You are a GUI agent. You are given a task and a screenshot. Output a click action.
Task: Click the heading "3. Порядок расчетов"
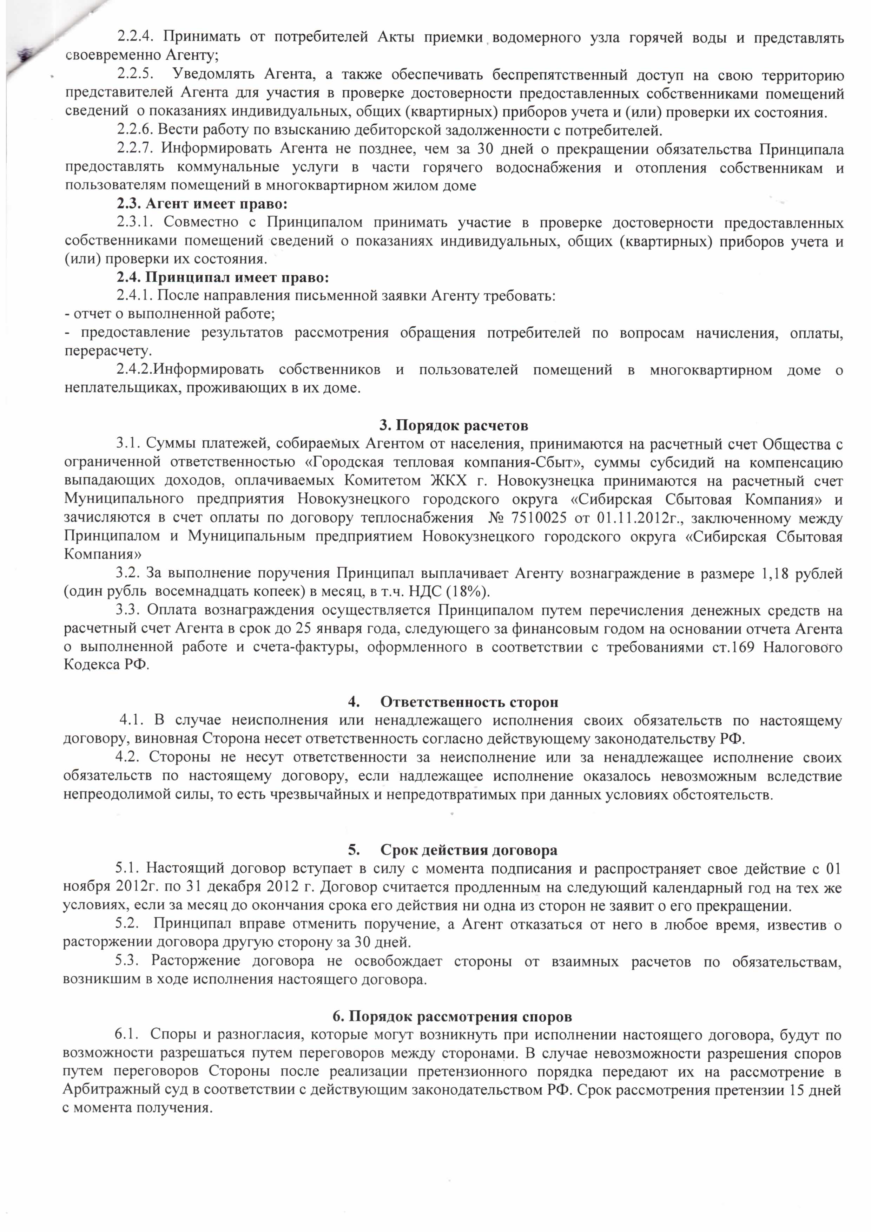[x=453, y=426]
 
